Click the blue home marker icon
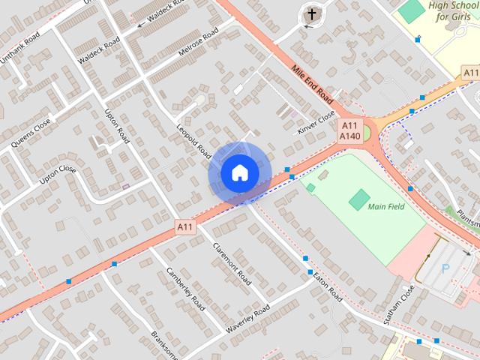pos(238,172)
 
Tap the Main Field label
pos(386,207)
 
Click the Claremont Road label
pos(231,263)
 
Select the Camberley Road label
pos(185,289)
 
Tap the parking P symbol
pos(446,268)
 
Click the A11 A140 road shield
pos(349,130)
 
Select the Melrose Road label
pos(199,41)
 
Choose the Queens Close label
pos(31,133)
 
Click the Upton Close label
pos(58,175)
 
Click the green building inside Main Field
pos(359,199)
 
